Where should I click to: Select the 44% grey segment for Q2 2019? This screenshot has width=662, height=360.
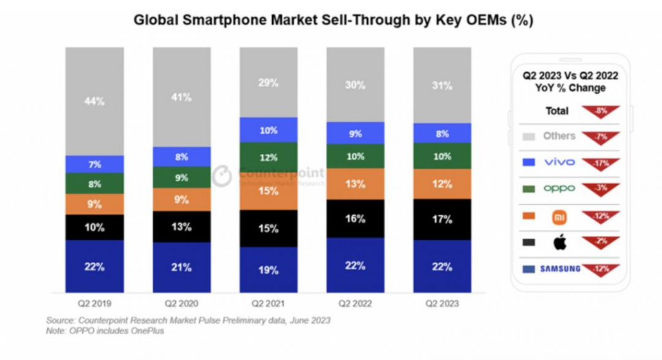94,101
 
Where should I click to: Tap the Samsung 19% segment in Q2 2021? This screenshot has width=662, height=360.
268,270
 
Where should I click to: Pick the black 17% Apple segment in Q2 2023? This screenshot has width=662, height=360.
442,219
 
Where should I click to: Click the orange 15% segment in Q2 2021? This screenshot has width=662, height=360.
268,191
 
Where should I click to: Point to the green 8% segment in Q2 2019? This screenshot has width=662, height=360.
94,184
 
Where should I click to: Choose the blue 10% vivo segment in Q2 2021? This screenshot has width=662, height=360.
268,130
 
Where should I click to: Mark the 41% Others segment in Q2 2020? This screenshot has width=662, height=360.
182,97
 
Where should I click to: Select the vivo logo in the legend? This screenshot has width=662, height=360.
559,162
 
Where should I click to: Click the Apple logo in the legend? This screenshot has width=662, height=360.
560,243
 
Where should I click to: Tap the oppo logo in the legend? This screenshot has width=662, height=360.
559,189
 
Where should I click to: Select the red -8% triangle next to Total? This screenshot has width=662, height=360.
601,111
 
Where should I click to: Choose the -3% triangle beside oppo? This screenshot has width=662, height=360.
601,188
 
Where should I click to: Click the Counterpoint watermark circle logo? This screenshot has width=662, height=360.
222,176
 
